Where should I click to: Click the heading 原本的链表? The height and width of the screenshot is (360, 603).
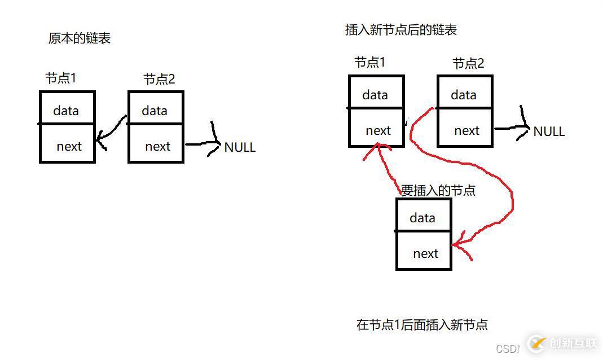[80, 38]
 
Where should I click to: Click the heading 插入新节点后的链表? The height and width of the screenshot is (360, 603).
[400, 30]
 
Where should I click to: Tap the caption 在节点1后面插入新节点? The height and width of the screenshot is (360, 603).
[422, 324]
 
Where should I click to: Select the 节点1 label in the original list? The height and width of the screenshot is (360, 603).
[60, 78]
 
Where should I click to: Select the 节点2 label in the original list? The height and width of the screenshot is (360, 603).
[159, 80]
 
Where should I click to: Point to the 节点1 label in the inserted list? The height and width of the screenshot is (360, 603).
[369, 63]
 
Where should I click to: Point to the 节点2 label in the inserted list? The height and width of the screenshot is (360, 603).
[468, 64]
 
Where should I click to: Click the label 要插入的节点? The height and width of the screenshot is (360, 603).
[438, 190]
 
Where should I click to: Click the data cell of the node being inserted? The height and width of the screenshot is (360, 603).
[423, 217]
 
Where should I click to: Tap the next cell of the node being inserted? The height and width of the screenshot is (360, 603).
[425, 253]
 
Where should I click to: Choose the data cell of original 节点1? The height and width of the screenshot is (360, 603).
[67, 110]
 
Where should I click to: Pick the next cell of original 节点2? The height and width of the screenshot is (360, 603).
[157, 146]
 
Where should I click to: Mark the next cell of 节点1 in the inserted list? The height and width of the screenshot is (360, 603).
[377, 130]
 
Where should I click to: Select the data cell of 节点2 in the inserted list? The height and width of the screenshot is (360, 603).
[464, 95]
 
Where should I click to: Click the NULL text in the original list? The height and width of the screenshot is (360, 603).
[240, 147]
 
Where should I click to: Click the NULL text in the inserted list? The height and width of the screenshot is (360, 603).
[549, 131]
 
